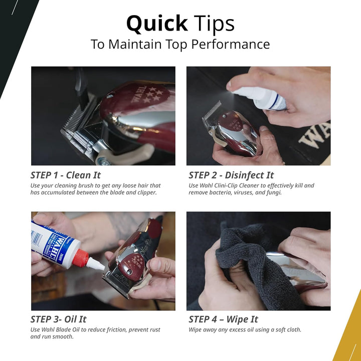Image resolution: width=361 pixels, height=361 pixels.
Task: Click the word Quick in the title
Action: pos(156,24)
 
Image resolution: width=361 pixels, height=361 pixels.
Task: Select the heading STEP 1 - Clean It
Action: pos(66,175)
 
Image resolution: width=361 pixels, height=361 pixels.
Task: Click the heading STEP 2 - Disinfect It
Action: pos(231,175)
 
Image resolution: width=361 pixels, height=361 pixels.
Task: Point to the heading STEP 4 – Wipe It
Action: pos(223,319)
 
